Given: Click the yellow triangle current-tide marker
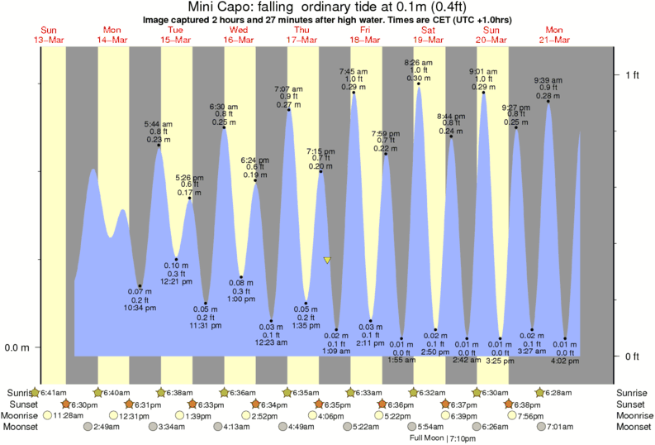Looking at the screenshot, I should tap(327, 261).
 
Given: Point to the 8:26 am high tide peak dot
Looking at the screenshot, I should tap(419, 84).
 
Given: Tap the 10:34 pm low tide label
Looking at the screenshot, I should tap(140, 299).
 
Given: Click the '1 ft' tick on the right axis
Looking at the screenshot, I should tap(632, 76).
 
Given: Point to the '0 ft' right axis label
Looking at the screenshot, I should tap(632, 357).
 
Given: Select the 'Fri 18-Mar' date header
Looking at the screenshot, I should tap(364, 34).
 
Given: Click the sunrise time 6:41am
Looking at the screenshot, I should tap(53, 392).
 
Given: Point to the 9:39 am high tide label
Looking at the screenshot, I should tap(548, 88).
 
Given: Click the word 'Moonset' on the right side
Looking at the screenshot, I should tap(634, 427).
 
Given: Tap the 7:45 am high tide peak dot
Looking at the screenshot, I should tap(354, 93).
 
